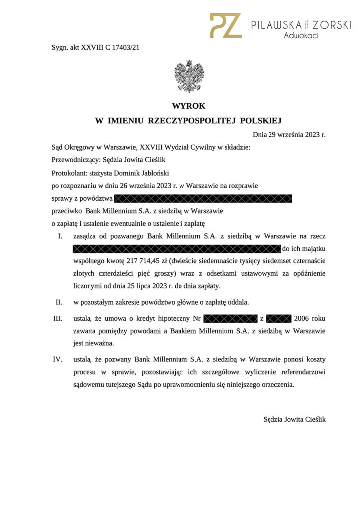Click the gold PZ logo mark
click(x=225, y=25)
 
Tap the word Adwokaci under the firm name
click(x=301, y=35)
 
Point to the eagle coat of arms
click(x=189, y=76)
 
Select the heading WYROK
click(x=188, y=106)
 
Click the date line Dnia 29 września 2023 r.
click(x=289, y=134)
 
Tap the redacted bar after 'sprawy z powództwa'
click(x=203, y=199)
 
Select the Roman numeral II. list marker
click(x=58, y=302)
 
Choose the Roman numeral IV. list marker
click(x=58, y=358)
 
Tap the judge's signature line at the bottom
click(x=294, y=419)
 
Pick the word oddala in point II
click(x=237, y=302)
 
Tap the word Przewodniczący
click(x=75, y=160)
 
